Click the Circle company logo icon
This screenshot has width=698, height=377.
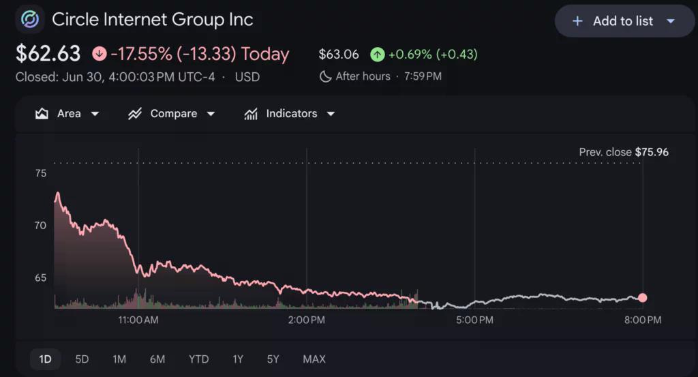30,20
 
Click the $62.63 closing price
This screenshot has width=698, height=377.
48,54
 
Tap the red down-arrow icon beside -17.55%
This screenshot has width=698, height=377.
100,54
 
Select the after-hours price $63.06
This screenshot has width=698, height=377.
339,55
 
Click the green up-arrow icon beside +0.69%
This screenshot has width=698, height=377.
378,55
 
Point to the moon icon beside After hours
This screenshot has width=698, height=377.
325,76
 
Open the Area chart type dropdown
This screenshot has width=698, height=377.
67,113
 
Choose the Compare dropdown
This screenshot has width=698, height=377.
171,113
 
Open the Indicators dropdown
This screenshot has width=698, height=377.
289,113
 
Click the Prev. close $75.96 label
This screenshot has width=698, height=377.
624,152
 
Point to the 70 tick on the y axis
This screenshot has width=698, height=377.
40,226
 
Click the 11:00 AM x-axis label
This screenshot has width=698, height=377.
138,320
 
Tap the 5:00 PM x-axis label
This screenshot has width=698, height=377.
474,320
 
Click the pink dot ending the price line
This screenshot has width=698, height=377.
642,298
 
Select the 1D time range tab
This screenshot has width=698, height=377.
45,359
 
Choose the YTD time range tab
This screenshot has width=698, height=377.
198,359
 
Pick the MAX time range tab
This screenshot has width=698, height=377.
314,359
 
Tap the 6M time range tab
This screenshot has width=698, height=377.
157,359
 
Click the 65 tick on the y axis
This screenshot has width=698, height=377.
40,277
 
